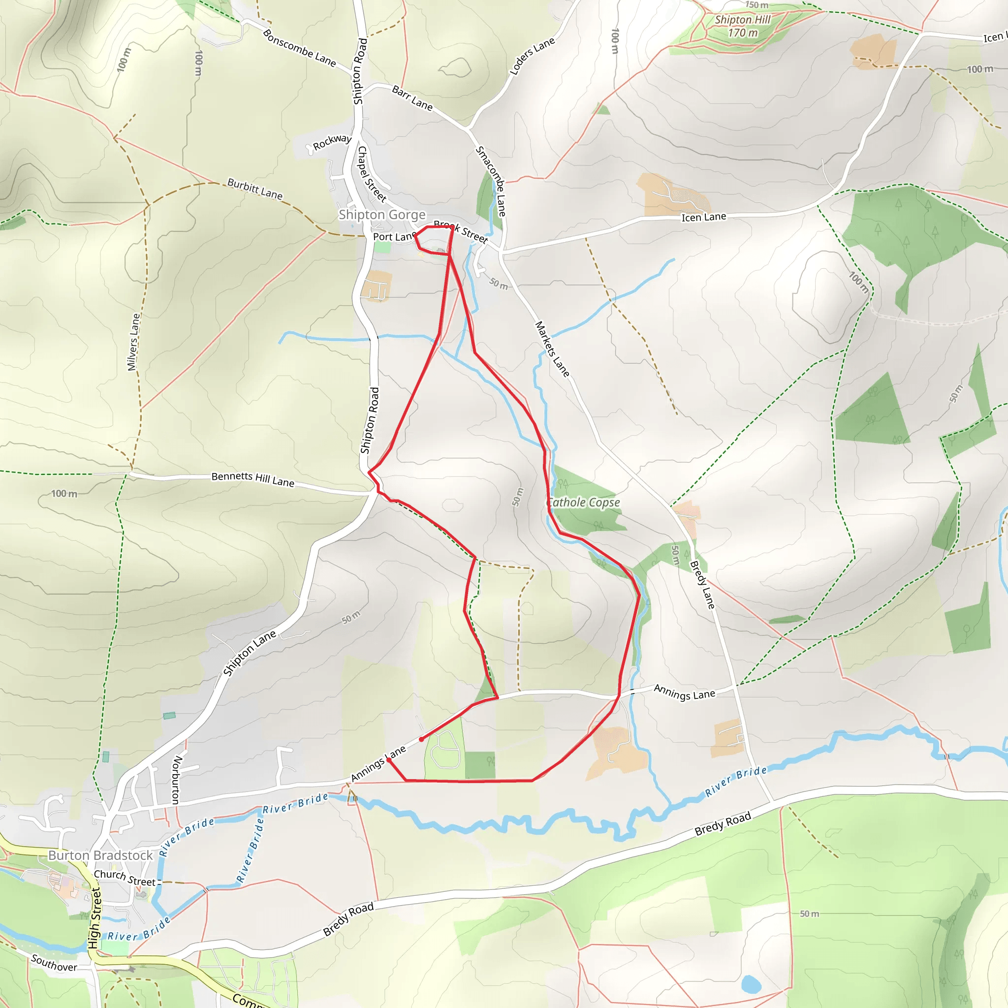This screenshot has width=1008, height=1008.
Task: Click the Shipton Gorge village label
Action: coord(382,215)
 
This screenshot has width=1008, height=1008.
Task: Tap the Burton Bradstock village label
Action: coord(100,855)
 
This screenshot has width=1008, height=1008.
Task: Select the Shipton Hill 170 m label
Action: coord(742,26)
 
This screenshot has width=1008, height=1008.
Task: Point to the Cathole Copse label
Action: coord(584,503)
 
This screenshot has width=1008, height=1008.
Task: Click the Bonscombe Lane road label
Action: coord(299,47)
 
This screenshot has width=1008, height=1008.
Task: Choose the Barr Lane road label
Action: coord(412,98)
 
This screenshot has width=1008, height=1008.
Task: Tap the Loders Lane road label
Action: coord(532,56)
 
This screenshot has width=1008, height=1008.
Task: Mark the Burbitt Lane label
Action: coord(254,189)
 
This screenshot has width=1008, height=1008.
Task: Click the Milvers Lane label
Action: coord(134,342)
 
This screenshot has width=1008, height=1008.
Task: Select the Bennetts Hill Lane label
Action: coord(252,479)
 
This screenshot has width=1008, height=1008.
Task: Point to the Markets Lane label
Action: coord(552,349)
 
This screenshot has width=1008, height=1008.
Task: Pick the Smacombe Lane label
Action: coord(491,181)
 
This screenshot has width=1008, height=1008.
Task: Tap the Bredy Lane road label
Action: coord(702,584)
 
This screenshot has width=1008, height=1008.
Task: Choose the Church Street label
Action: coord(125,878)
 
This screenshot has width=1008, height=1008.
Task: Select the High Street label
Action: coord(94,918)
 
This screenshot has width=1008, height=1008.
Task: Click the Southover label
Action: coord(54,963)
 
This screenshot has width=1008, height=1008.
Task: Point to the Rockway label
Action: coord(332,141)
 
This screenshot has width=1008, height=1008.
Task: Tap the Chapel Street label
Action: coord(372,174)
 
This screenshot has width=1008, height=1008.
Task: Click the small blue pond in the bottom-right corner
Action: coord(751,984)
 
